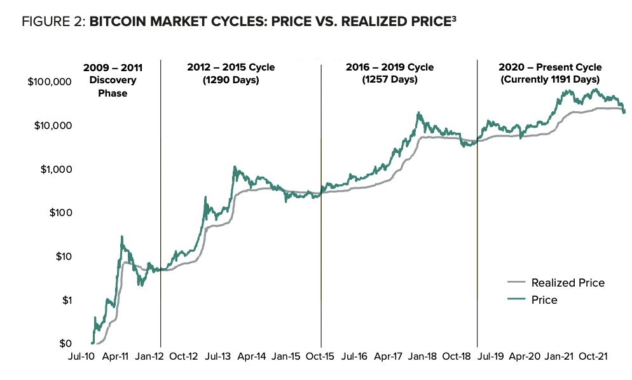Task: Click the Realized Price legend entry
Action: (567, 283)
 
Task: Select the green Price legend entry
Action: (544, 299)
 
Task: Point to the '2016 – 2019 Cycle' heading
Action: (390, 67)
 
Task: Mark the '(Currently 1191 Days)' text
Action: (550, 79)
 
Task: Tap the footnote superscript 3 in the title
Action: (453, 18)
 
